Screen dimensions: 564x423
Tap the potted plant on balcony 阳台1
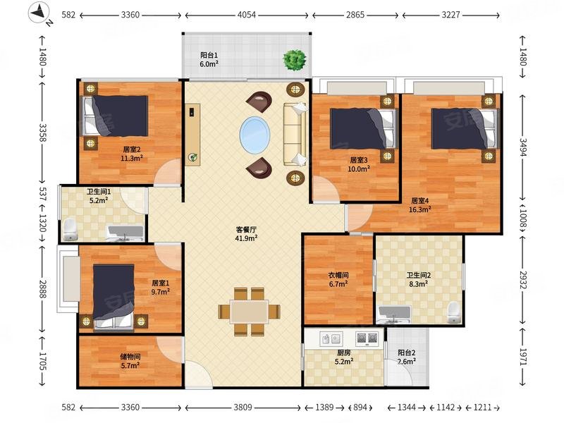pos(295,59)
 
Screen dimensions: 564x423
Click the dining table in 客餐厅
pos(249,312)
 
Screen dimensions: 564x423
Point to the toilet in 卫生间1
pos(70,229)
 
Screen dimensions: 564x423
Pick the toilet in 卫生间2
pos(453,312)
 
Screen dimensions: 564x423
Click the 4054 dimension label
pos(247,15)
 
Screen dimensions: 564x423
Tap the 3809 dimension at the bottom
pos(243,407)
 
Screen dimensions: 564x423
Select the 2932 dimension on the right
pos(523,279)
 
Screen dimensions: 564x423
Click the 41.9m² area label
pos(246,238)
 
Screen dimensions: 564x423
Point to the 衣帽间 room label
pos(338,275)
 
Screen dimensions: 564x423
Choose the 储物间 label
pos(130,357)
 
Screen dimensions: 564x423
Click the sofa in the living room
pos(295,134)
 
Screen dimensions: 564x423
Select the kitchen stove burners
pos(367,338)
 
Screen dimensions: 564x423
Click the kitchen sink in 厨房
pos(331,339)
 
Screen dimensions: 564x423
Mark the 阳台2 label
pos(407,353)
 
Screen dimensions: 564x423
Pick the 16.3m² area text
pos(419,209)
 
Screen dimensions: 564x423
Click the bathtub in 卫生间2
pos(393,314)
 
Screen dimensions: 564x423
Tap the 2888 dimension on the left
pos(43,289)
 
